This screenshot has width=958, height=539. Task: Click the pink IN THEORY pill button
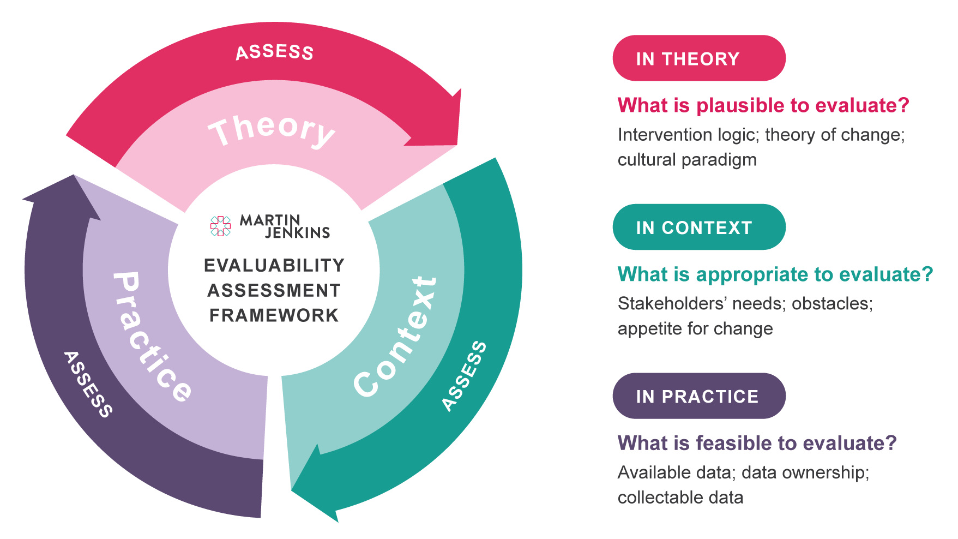pos(698,58)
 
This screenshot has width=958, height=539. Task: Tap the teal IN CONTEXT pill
pos(698,227)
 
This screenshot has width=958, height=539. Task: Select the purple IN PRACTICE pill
pos(698,396)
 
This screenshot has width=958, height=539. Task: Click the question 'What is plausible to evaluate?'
pos(763,105)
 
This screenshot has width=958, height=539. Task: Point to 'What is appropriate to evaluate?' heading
pos(775,274)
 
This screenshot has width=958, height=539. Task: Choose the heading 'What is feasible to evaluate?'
pos(757,443)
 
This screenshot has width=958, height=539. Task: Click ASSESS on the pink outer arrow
pos(274,52)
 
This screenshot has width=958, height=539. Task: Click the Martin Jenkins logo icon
pos(220,226)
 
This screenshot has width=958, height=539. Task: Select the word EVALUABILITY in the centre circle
pos(274,265)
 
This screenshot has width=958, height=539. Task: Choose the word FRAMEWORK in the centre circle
pos(274,315)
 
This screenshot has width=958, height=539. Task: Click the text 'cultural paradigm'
pos(687,160)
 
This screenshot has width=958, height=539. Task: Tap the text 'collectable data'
pos(680,498)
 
